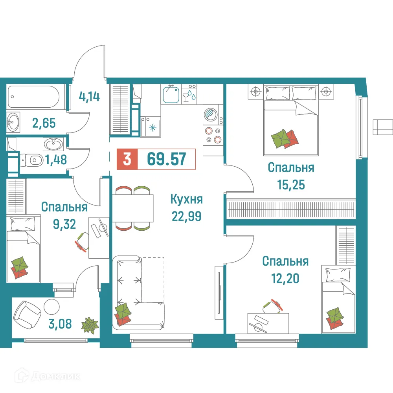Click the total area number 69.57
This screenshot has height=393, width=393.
click(x=166, y=159)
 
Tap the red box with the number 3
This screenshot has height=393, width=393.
click(x=127, y=159)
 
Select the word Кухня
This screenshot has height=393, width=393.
click(x=186, y=200)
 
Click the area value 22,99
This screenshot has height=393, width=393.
click(x=186, y=216)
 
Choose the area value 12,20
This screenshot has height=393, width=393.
click(x=285, y=278)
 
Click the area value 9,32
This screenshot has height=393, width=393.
click(x=64, y=223)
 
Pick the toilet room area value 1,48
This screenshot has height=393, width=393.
click(x=55, y=160)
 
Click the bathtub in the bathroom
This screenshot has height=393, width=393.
click(x=33, y=96)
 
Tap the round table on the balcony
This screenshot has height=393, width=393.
click(x=51, y=305)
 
